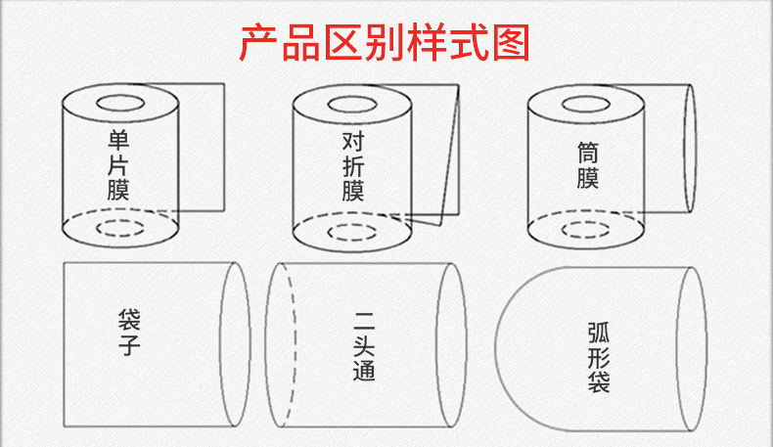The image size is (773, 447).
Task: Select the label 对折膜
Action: click(353, 167)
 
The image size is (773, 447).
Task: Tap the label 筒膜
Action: click(587, 164)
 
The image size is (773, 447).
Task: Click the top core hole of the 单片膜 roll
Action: click(120, 102)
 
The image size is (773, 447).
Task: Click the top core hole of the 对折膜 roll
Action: click(352, 102)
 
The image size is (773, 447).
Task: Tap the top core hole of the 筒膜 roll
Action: click(587, 102)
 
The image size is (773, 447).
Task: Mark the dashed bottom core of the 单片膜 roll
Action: click(120, 229)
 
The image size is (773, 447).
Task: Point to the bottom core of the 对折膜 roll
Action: click(352, 231)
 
